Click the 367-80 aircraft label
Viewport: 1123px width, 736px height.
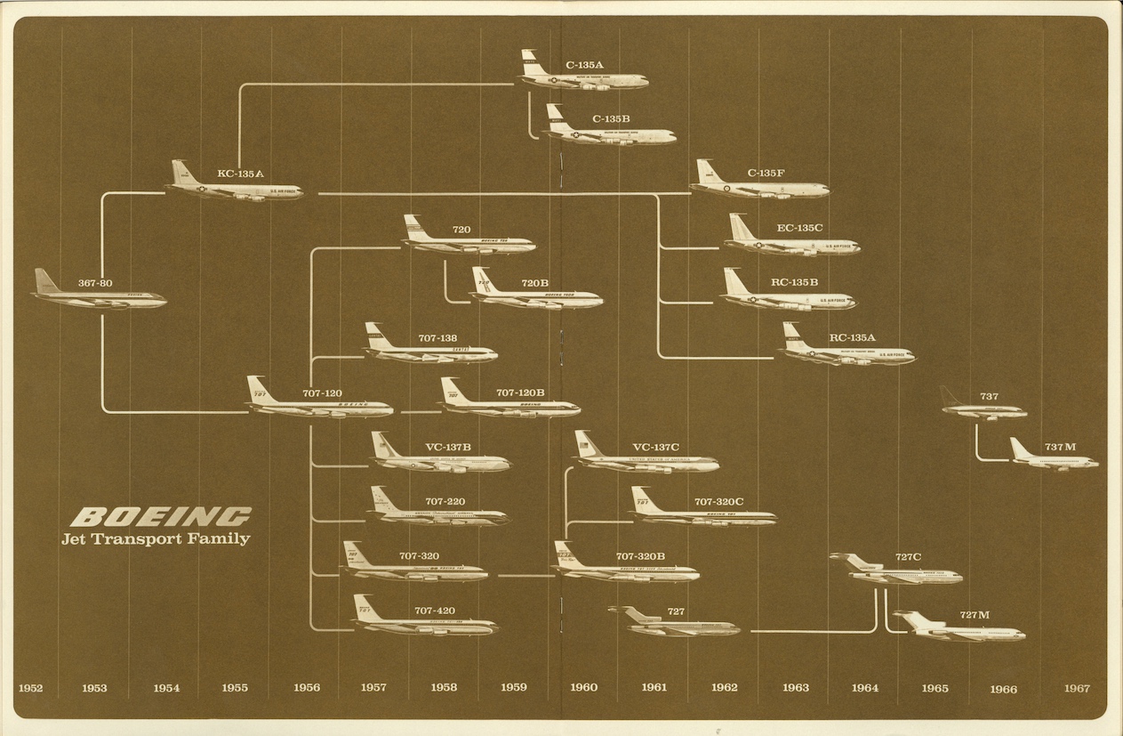[x=95, y=283]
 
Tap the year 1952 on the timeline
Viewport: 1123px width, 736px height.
[x=30, y=688]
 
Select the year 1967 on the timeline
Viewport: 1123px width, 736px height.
[x=1076, y=688]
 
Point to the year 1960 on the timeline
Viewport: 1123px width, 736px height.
[x=583, y=687]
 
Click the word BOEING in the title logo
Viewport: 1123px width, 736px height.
[x=160, y=516]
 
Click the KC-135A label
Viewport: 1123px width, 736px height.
[x=240, y=174]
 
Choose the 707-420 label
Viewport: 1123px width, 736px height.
[x=435, y=611]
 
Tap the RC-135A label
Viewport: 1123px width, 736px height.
[x=852, y=337]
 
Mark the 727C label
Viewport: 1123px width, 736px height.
[x=908, y=557]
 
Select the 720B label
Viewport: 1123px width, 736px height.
[x=534, y=283]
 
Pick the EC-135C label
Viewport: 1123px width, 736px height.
[x=799, y=228]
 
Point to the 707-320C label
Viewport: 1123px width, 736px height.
[x=718, y=502]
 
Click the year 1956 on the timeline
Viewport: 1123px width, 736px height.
[x=306, y=688]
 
